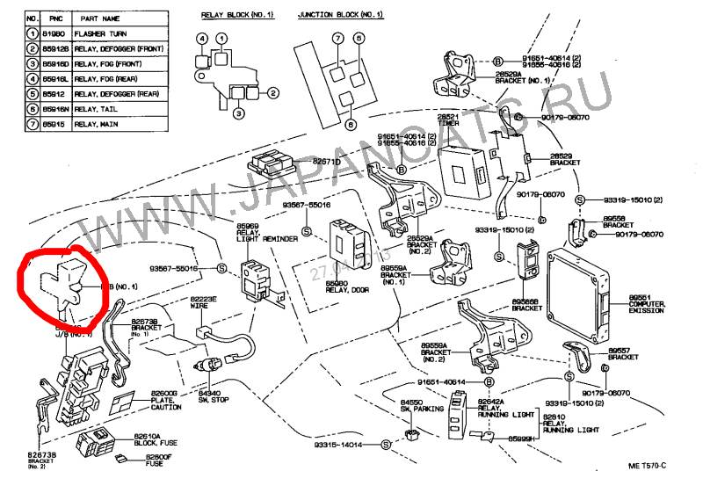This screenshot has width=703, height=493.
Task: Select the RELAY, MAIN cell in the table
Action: (97, 126)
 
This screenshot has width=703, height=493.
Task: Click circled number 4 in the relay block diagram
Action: (201, 39)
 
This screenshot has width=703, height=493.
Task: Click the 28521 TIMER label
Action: (448, 119)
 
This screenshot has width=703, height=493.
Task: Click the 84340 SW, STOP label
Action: (214, 396)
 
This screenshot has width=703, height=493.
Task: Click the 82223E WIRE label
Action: (203, 303)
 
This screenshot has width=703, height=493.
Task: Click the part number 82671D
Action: (326, 162)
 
